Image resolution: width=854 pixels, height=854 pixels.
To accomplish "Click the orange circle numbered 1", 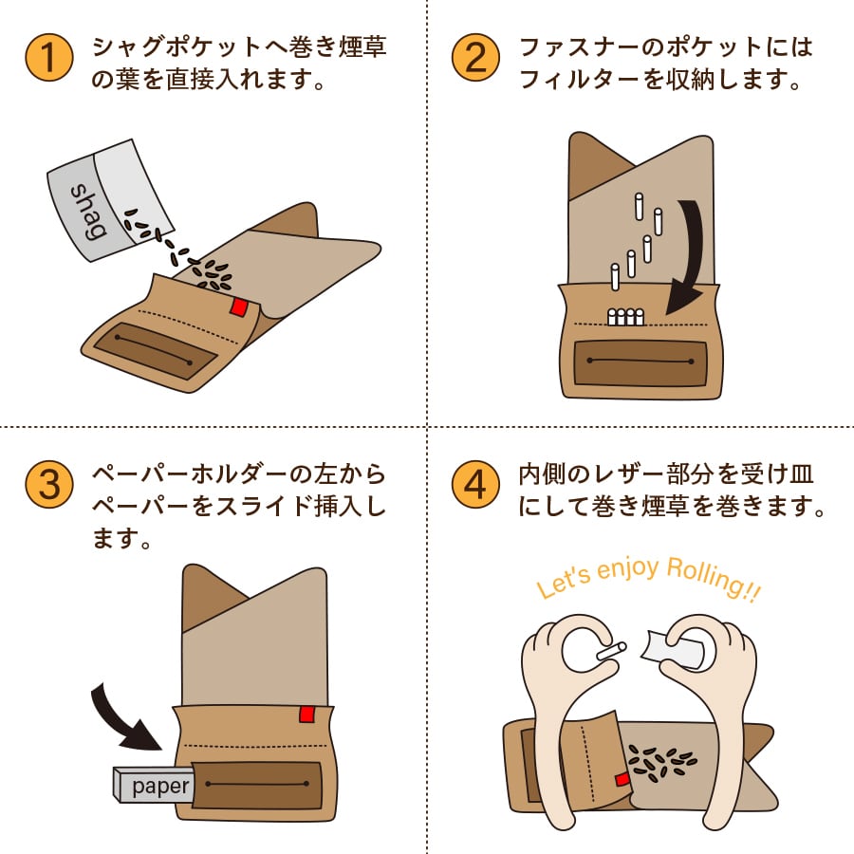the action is (x=49, y=58).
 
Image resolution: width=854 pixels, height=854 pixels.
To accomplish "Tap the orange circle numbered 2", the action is (x=475, y=58).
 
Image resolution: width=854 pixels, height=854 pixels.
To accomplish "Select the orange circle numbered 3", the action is (x=49, y=484).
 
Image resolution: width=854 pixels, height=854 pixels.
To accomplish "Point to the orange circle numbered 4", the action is (x=475, y=484).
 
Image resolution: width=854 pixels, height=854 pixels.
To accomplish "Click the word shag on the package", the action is (x=88, y=213).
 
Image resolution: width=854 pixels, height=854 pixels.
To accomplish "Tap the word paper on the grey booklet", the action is (x=160, y=786).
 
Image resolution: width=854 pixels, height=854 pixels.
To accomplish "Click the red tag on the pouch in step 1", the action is (x=238, y=307).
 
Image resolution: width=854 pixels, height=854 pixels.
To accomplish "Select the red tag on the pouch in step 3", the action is (x=306, y=714).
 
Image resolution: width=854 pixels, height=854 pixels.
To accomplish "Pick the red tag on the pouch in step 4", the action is (x=622, y=780).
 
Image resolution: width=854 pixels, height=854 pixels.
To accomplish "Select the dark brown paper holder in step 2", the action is (x=640, y=362).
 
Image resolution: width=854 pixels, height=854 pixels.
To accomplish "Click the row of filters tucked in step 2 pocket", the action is (x=625, y=316).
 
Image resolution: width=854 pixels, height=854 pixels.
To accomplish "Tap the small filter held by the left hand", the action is (x=611, y=651).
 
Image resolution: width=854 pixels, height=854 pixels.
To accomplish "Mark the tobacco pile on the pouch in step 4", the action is (x=661, y=760).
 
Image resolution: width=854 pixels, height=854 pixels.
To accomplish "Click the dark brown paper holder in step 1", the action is (x=156, y=350).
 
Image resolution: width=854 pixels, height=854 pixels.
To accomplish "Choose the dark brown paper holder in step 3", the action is (x=256, y=785).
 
